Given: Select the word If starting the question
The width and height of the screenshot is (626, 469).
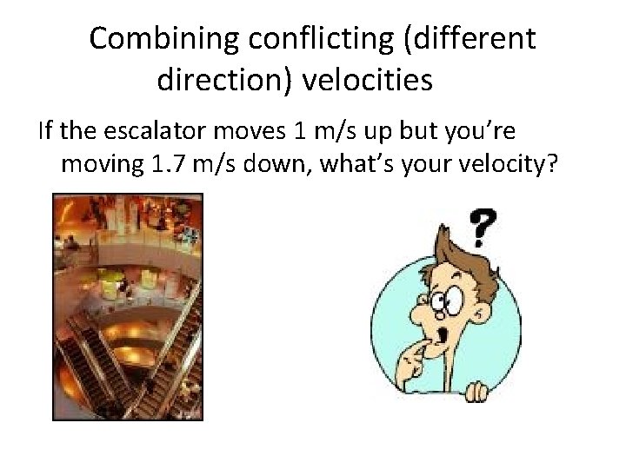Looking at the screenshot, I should click(45, 131).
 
